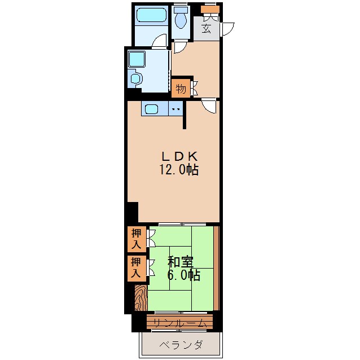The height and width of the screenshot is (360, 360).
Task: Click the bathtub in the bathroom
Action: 151,15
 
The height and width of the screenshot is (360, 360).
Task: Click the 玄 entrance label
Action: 206,28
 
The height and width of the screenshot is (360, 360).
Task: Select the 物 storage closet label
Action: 181,89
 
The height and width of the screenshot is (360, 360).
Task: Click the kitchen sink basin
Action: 152,109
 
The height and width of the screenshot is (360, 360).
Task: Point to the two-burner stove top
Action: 175,108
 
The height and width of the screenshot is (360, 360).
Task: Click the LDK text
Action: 179,157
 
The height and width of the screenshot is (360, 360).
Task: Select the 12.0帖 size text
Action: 179,170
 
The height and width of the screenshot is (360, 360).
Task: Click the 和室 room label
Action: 180,262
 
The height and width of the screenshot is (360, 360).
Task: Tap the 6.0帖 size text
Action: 184,275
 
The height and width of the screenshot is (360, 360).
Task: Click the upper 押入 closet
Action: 137,239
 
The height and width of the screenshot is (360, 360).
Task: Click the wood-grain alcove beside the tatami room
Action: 141,298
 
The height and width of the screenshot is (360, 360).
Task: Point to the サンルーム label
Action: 179,323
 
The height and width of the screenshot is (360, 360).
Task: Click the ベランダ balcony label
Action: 181,345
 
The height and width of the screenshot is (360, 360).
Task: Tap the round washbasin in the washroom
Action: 135,78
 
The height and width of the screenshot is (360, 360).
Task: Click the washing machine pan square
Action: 137,59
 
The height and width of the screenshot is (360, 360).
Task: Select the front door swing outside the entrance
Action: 227,29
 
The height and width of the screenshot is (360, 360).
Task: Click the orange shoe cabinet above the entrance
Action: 210,9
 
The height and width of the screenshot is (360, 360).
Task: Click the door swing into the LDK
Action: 209,106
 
